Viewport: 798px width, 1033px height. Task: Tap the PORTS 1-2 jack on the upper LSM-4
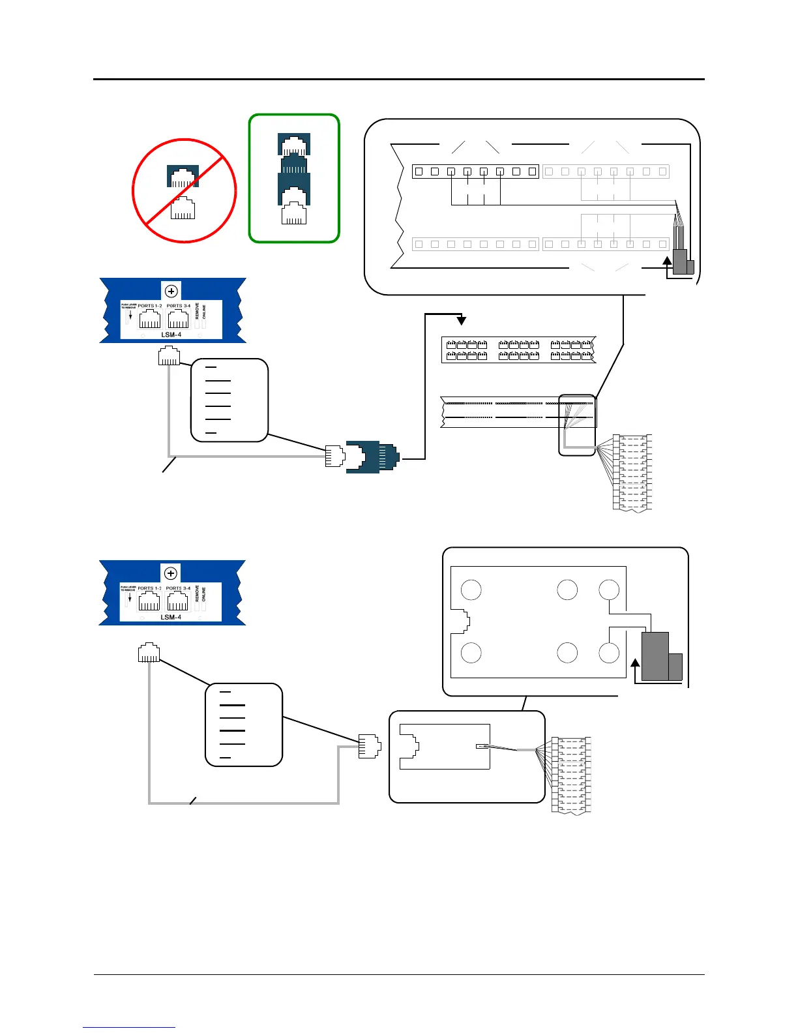150,319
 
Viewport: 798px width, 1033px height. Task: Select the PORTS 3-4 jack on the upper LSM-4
178,319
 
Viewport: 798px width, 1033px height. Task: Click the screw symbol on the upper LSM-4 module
171,291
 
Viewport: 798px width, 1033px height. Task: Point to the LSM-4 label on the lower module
171,617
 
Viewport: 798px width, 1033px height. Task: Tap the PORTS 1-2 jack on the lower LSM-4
149,601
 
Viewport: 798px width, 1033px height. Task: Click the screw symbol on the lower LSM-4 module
171,573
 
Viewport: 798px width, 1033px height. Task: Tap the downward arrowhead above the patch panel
462,320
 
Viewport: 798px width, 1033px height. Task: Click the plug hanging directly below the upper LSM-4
169,356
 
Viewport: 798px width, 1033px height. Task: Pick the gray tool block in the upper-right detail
682,262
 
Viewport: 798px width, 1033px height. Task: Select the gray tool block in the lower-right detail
657,656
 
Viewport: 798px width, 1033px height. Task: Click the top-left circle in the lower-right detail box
471,590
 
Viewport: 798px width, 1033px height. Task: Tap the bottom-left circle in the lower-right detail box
471,653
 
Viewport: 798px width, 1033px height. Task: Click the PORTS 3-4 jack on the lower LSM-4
177,601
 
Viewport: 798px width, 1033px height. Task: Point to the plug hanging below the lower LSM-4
149,653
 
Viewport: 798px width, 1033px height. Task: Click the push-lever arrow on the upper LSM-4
130,316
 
